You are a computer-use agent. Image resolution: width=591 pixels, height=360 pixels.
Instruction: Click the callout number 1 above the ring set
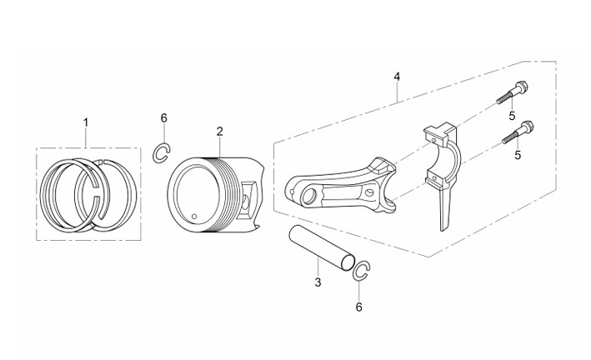(86, 122)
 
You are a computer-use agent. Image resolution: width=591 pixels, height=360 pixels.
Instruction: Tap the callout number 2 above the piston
(220, 131)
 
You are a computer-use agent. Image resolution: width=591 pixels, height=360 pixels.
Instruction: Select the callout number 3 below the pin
(318, 282)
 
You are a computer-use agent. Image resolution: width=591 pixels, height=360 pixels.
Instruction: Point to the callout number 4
(397, 77)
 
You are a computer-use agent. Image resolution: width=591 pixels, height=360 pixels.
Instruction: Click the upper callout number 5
(512, 116)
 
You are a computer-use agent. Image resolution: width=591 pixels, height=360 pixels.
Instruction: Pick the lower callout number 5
(518, 154)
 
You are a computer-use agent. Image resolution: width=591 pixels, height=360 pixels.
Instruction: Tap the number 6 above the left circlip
(163, 118)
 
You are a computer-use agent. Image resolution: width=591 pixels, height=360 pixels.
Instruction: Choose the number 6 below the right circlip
(358, 307)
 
